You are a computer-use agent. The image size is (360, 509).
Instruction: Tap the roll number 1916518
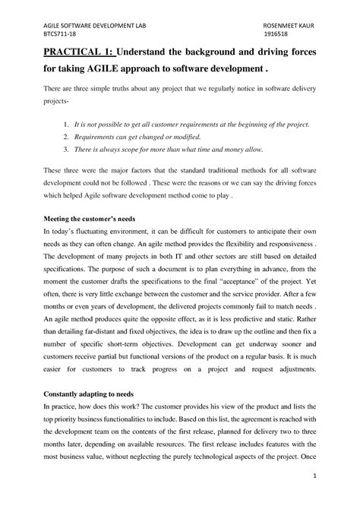click(276, 33)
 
